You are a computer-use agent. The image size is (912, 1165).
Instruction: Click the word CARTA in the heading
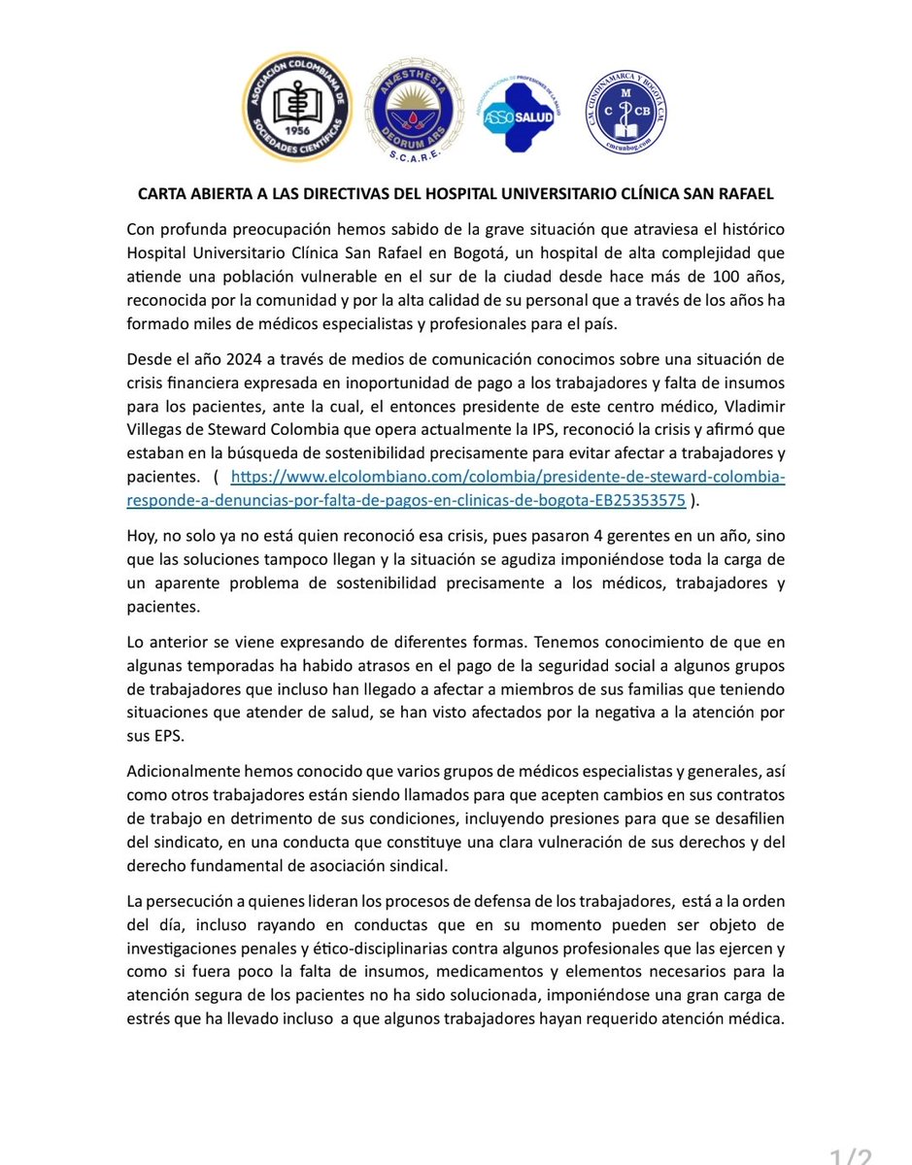click(x=160, y=194)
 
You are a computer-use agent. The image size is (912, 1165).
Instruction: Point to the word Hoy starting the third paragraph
click(x=142, y=536)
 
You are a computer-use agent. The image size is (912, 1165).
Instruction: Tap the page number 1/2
click(x=850, y=1154)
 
